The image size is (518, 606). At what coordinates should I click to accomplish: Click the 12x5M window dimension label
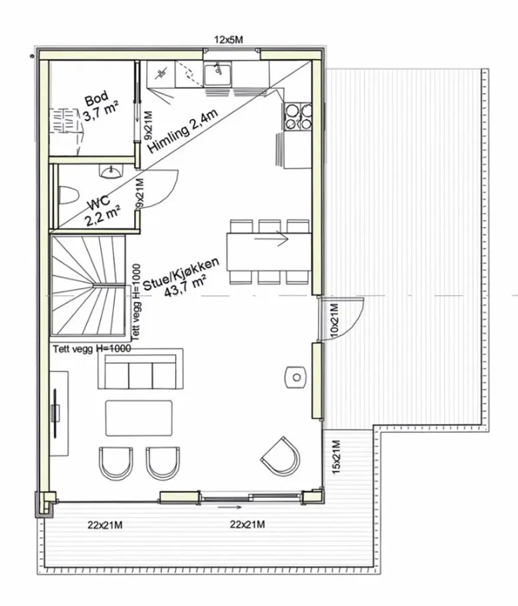pyautogui.click(x=228, y=40)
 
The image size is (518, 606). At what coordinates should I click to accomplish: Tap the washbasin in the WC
pyautogui.click(x=111, y=172)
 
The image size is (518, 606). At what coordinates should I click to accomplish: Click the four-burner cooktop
pyautogui.click(x=298, y=116)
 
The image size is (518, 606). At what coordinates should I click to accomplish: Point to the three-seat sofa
pyautogui.click(x=140, y=369)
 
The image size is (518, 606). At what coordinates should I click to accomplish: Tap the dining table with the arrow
pyautogui.click(x=268, y=252)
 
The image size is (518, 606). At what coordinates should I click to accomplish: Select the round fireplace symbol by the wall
pyautogui.click(x=296, y=377)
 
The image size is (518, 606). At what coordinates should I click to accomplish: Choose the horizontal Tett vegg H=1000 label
pyautogui.click(x=92, y=349)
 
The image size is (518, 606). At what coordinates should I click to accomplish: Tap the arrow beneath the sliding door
pyautogui.click(x=230, y=507)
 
